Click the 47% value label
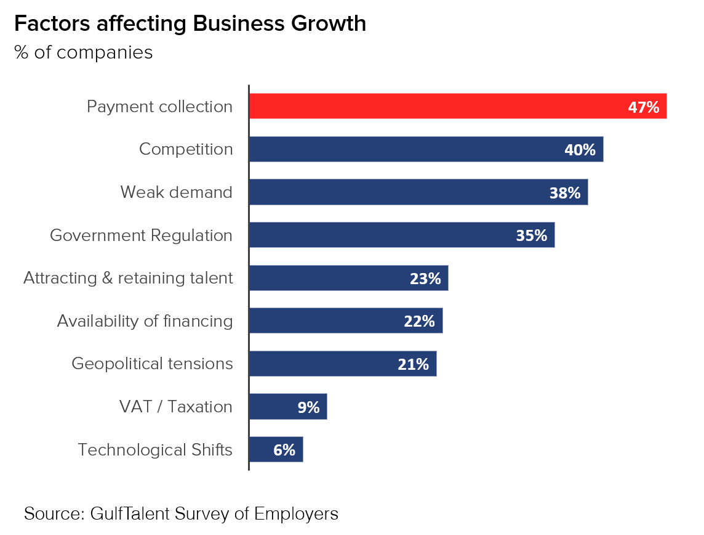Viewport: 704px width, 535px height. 643,107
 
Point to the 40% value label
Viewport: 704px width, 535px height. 580,150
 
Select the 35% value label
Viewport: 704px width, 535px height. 531,235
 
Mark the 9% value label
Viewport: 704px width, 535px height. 308,407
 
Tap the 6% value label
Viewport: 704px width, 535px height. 284,450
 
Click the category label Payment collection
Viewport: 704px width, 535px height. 159,107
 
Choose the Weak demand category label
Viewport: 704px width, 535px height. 177,192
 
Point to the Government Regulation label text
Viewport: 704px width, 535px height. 141,235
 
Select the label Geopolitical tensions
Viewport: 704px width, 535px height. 152,364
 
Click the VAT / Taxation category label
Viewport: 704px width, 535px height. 176,407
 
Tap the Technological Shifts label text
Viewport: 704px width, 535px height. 155,450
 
